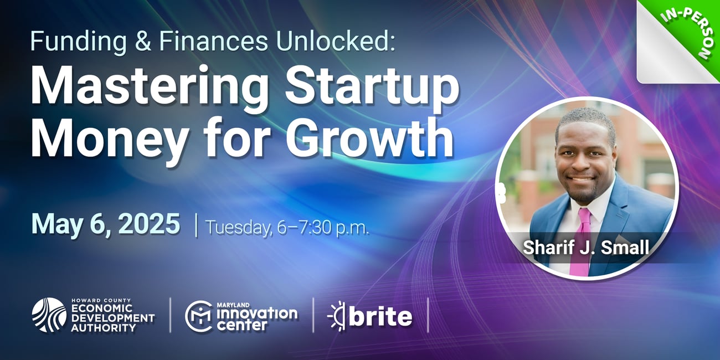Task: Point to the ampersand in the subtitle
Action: tap(143, 41)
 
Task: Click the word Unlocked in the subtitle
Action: tap(336, 41)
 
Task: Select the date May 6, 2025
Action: tap(106, 224)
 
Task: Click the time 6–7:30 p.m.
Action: tap(323, 228)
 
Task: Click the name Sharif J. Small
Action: tap(585, 248)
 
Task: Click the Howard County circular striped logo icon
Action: tap(49, 315)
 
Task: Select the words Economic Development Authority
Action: tap(112, 318)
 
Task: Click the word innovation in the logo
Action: tap(257, 313)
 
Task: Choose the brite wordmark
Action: tap(380, 317)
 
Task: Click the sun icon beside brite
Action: tap(336, 316)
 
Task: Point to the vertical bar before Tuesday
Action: tap(196, 226)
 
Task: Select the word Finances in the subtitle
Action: tap(213, 41)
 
